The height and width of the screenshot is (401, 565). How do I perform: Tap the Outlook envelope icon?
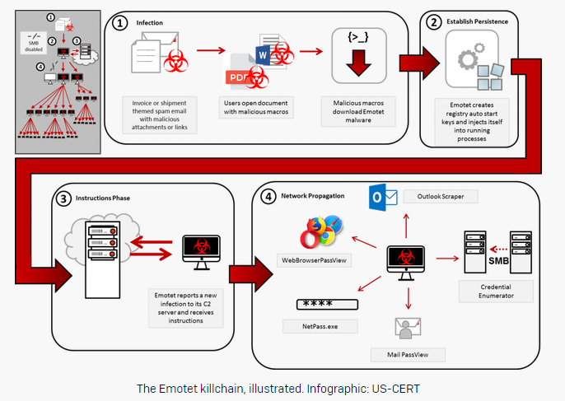[x=383, y=197]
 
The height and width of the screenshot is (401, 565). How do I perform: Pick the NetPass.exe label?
[x=326, y=326]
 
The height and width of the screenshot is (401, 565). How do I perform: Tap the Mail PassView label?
[x=409, y=354]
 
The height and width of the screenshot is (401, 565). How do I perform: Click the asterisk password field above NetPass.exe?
[x=327, y=303]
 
